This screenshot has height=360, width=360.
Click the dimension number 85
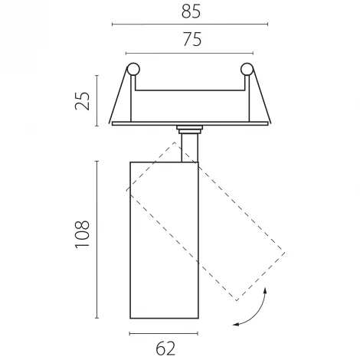(191, 11)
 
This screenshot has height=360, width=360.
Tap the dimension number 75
(192, 40)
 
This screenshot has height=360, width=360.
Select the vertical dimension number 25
(83, 101)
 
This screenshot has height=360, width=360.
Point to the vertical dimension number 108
(82, 234)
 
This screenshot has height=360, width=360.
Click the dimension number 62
(165, 349)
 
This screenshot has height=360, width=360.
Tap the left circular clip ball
(133, 69)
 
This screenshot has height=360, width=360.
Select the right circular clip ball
(247, 69)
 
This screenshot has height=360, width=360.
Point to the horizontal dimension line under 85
(190, 25)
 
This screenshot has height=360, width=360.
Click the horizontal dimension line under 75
(189, 54)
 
